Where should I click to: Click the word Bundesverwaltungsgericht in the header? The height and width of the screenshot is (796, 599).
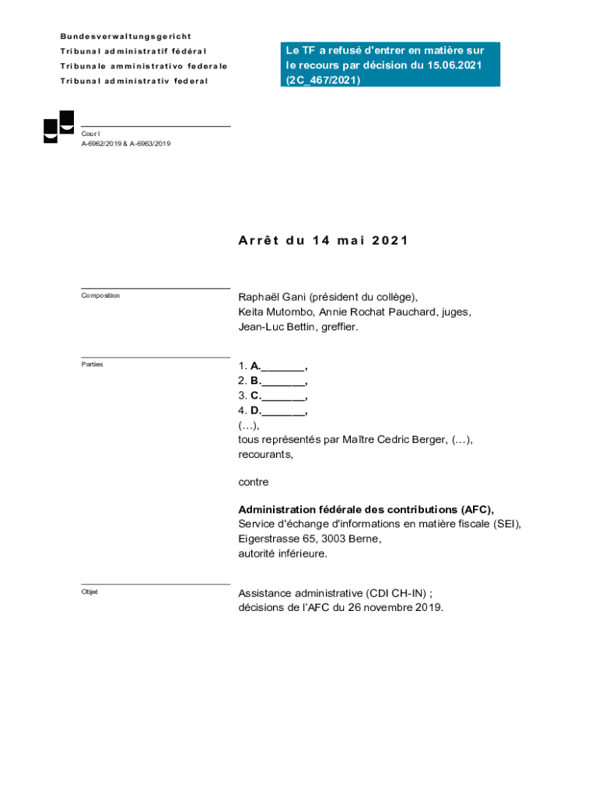pos(126,37)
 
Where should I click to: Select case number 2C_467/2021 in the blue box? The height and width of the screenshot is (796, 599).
pos(323,79)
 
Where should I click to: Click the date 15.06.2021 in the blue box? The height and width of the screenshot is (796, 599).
pos(454,65)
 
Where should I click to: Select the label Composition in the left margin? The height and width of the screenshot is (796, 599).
pos(100,295)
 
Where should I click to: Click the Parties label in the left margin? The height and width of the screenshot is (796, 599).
pos(92,364)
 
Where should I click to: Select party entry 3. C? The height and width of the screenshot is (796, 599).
pos(272,396)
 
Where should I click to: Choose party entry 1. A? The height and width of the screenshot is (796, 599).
pos(272,365)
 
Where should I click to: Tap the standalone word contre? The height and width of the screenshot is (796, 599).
pos(253,482)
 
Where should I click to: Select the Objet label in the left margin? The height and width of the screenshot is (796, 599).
pos(89,592)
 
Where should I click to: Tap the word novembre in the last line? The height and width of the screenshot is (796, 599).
pos(384,608)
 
